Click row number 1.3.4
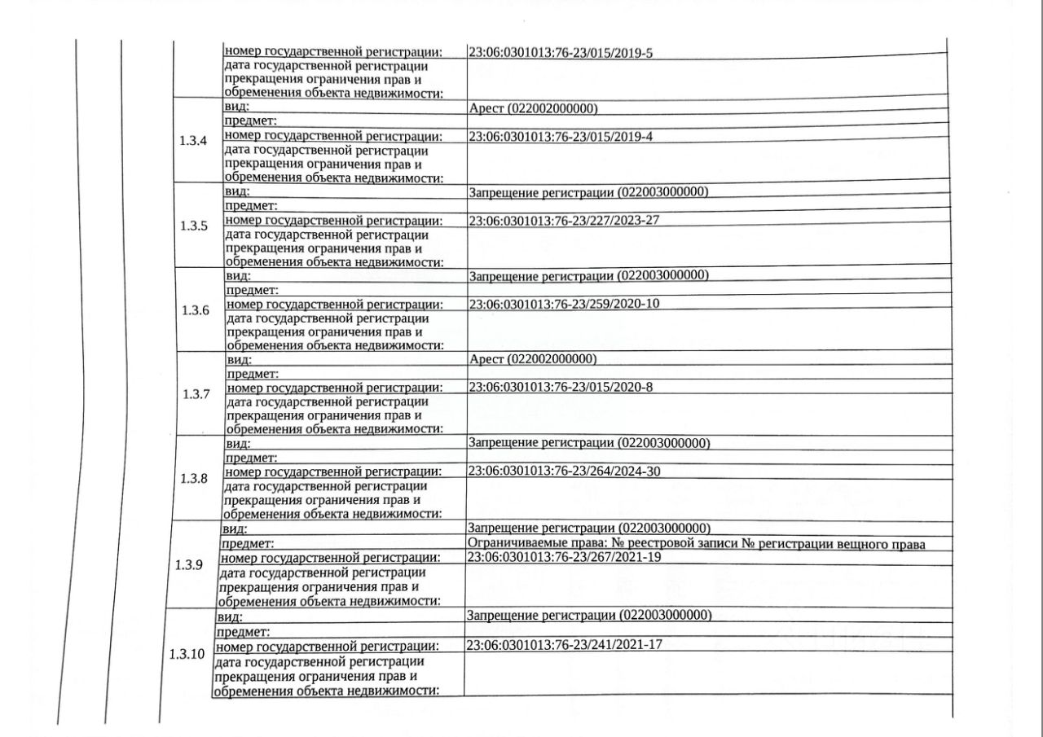click(192, 140)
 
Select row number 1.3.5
click(194, 226)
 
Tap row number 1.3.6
click(195, 310)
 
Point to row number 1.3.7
click(196, 394)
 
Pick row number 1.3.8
click(193, 478)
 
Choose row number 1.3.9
click(189, 564)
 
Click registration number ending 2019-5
click(561, 53)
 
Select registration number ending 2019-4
click(561, 137)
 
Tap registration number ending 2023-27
click(564, 220)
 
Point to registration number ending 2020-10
click(564, 304)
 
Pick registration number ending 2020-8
click(561, 387)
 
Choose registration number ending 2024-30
click(564, 471)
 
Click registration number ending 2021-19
click(563, 557)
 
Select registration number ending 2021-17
click(563, 645)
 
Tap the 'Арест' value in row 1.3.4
click(533, 109)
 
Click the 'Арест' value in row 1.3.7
click(533, 359)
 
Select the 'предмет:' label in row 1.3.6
click(253, 290)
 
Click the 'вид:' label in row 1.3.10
click(230, 618)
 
